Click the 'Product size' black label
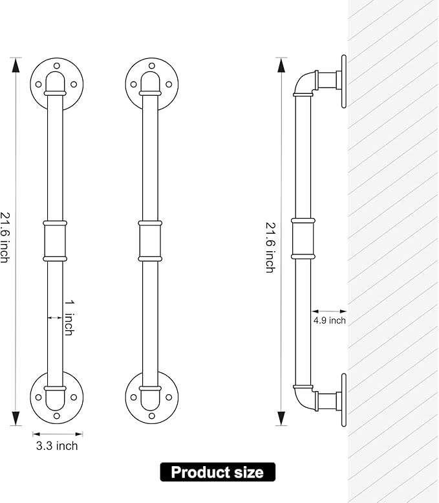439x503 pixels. coord(218,472)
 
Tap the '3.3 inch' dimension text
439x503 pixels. coord(57,446)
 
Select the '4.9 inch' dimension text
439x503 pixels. coord(329,320)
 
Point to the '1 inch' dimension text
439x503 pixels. coord(69,318)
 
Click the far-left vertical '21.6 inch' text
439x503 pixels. coord(5,238)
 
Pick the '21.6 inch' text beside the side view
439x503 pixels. coord(270,247)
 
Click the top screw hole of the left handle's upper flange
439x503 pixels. coord(57,66)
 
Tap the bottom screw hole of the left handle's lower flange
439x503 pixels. coord(57,416)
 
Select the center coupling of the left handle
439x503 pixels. coord(55,241)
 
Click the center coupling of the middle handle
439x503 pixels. coord(150,241)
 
